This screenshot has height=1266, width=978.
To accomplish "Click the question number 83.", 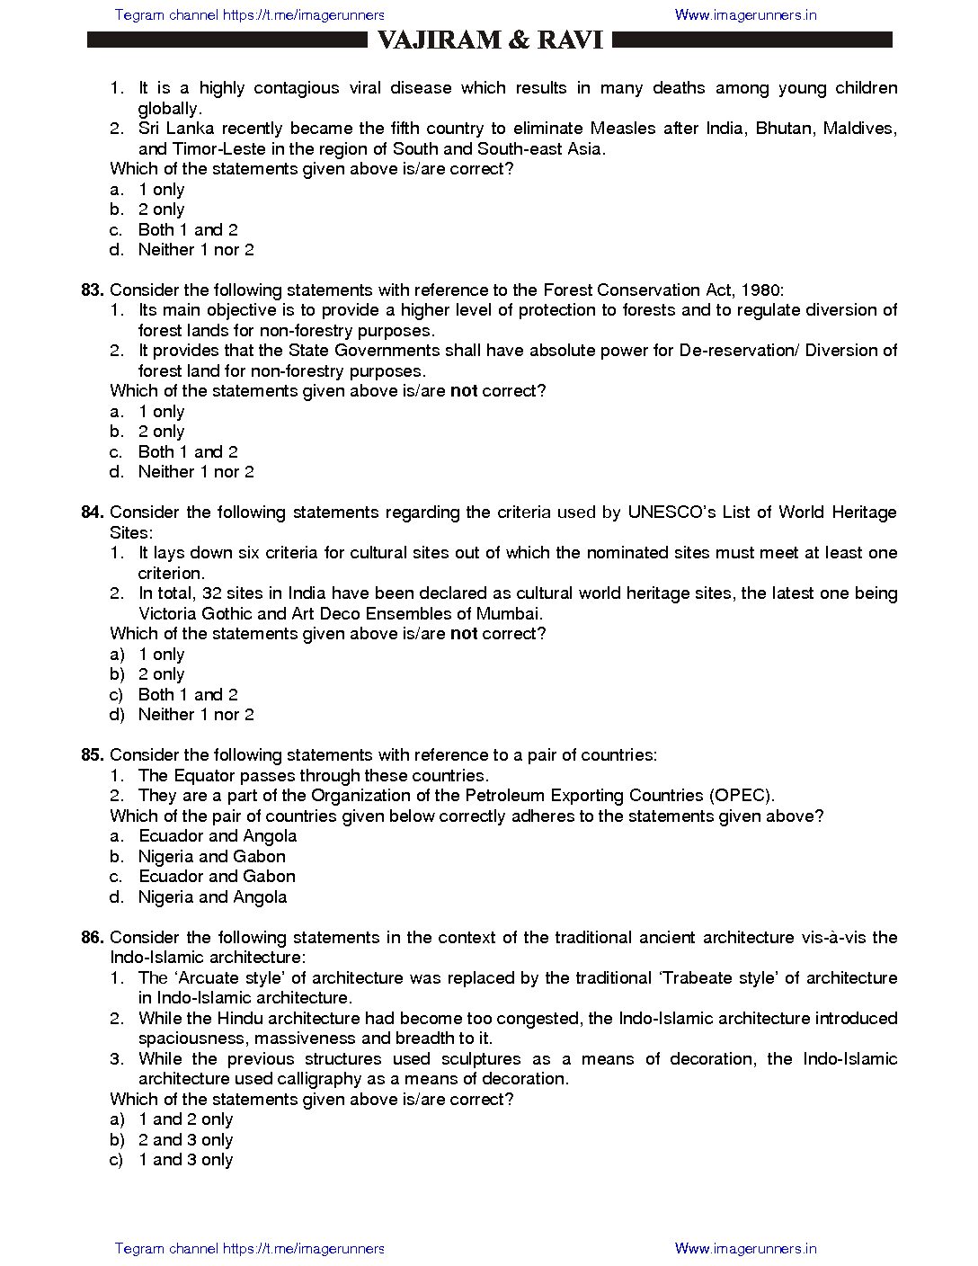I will coord(93,290).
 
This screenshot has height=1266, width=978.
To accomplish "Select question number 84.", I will coord(93,513).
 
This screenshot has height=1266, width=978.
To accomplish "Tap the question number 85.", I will coord(93,755).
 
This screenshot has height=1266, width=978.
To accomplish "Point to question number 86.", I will coord(93,938).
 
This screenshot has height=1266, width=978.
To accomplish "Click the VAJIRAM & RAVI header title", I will coord(490,40).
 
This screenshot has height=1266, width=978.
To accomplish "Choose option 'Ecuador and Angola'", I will coord(217,836).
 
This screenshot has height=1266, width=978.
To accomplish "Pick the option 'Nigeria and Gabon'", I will coord(211,857).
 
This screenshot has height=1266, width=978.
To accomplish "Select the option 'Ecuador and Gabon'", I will coord(217,877).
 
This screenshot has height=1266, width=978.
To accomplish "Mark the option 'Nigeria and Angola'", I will coord(212,897).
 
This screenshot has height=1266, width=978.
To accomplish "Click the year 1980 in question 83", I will coord(763,290).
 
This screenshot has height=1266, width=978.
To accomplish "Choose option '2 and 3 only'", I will coord(185,1140).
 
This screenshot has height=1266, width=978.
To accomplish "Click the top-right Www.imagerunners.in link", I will coord(745,14).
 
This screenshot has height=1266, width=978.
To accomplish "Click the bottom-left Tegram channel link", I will coord(250,1248).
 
